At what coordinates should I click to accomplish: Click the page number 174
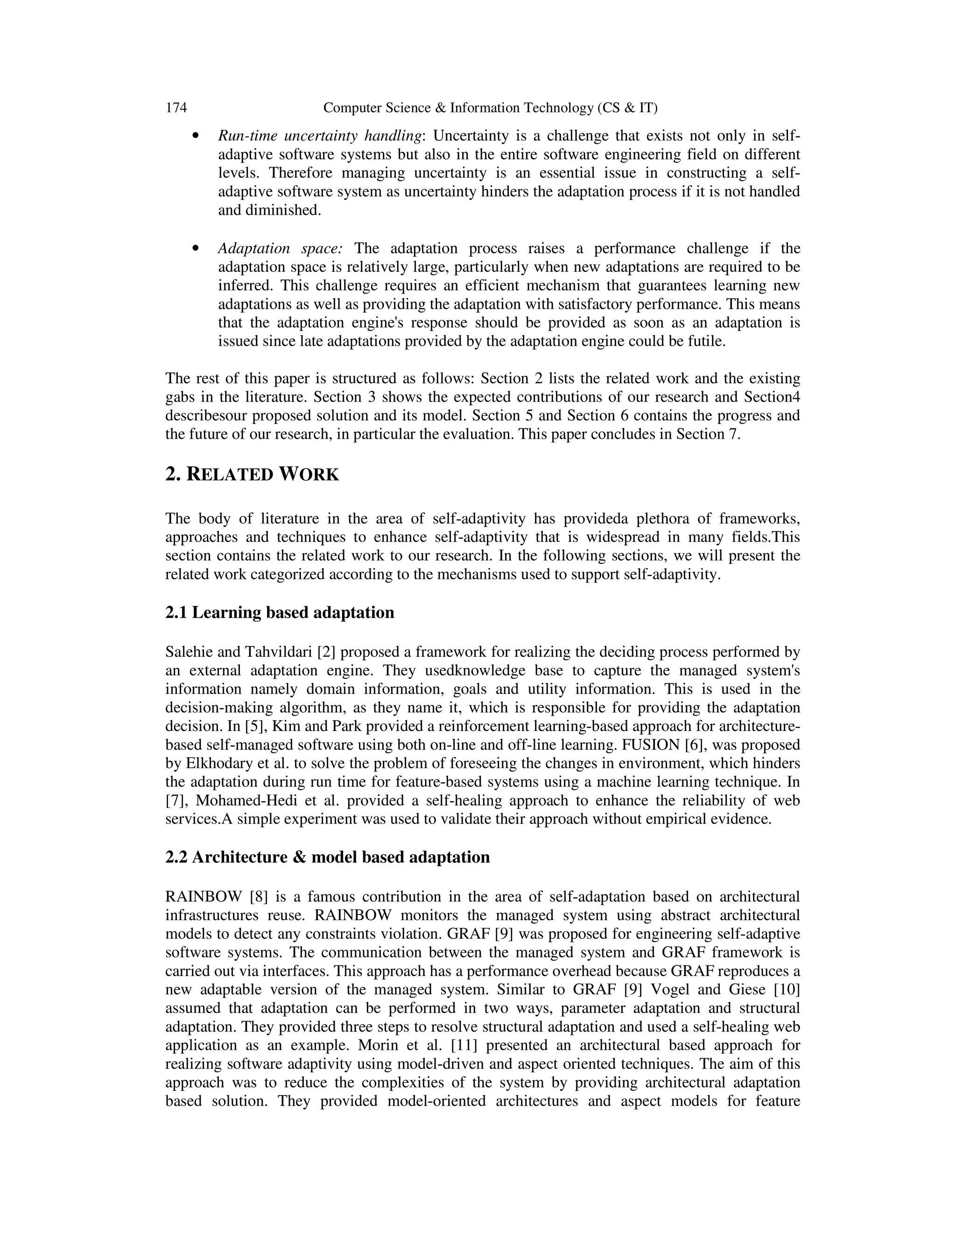176,108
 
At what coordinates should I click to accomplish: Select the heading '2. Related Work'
252,474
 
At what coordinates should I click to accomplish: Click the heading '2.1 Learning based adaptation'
280,612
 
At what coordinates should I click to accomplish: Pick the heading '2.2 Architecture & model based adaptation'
327,857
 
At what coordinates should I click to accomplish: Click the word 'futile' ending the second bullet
710,342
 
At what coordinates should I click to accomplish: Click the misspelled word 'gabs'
181,397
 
